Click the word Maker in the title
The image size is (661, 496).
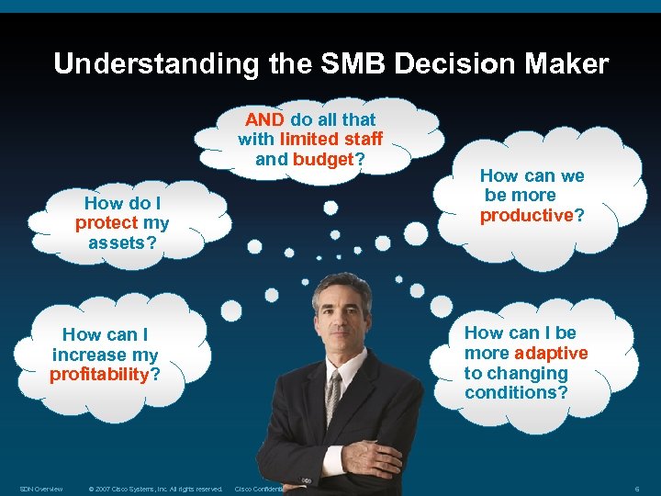566,64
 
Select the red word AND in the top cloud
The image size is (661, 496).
264,119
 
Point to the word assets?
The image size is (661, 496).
122,242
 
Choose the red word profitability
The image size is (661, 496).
99,375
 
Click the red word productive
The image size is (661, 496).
526,215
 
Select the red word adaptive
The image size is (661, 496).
551,354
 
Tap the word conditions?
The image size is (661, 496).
516,393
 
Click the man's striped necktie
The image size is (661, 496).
334,395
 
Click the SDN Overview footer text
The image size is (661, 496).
41,489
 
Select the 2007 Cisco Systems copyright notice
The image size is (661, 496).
155,489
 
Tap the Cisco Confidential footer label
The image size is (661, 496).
261,489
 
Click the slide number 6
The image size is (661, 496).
636,489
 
